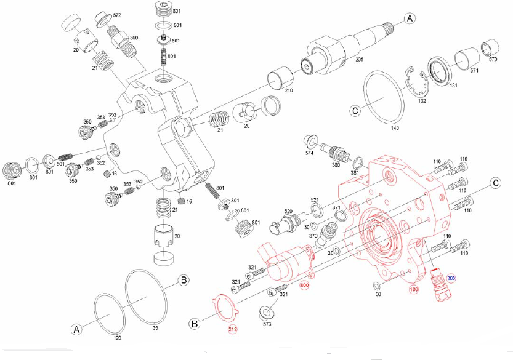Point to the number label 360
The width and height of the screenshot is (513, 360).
coord(133,38)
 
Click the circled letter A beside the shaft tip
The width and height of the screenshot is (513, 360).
coord(410,19)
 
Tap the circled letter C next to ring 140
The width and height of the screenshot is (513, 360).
coord(355,111)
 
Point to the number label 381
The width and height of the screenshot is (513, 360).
coord(355,174)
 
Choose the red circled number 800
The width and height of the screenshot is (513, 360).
coord(304,286)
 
